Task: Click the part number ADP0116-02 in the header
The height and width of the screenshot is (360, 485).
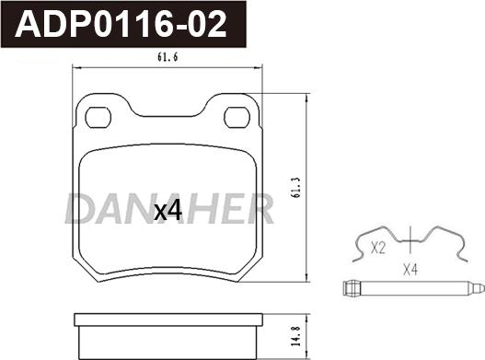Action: [121, 24]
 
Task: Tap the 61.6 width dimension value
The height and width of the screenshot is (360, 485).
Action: [167, 57]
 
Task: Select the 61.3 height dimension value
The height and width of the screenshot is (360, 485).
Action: [295, 188]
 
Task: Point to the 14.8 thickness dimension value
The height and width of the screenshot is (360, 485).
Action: [296, 336]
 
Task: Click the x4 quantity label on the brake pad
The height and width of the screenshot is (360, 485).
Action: [168, 211]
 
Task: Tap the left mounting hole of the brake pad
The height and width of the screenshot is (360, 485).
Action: [98, 117]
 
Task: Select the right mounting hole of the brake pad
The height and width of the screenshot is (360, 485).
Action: [237, 117]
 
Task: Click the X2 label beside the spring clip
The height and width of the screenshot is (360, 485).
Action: [378, 248]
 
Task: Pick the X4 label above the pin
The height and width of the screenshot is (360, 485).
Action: [410, 270]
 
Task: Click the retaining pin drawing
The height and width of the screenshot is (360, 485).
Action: [414, 288]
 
